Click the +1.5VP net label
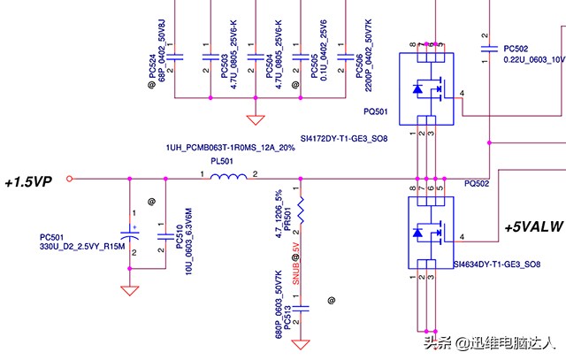point(28,182)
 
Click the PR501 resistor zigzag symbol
point(302,211)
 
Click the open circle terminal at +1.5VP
point(70,179)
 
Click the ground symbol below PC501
point(130,289)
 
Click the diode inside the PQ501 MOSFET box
point(417,88)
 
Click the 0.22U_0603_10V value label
point(533,60)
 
